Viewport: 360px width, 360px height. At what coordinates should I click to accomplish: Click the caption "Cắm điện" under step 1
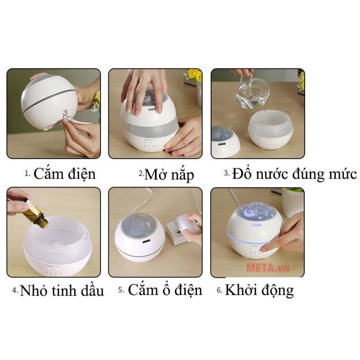[65, 174]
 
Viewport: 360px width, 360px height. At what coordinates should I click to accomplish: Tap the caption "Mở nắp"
[169, 175]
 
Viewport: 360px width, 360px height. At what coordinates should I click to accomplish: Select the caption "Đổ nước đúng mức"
[294, 174]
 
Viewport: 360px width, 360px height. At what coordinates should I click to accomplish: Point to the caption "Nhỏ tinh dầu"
[62, 291]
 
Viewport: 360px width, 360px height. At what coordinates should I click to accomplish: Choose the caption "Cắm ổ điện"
[165, 290]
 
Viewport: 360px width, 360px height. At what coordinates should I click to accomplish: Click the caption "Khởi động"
[259, 290]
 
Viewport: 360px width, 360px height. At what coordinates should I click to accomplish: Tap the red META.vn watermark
[267, 268]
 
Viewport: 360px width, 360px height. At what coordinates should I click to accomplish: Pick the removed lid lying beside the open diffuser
[225, 142]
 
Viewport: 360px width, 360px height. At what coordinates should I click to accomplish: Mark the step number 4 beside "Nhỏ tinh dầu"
[15, 291]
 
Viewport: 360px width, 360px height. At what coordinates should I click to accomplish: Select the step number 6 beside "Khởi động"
[220, 291]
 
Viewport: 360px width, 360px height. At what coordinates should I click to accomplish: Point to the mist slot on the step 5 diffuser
[147, 241]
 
